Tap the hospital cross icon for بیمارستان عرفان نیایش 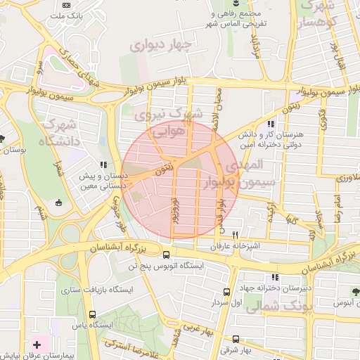(x=37, y=346)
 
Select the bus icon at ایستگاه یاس (x=92, y=315)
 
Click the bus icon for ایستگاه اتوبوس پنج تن (x=166, y=255)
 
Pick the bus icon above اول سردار (x=226, y=292)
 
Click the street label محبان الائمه (x=219, y=106)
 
